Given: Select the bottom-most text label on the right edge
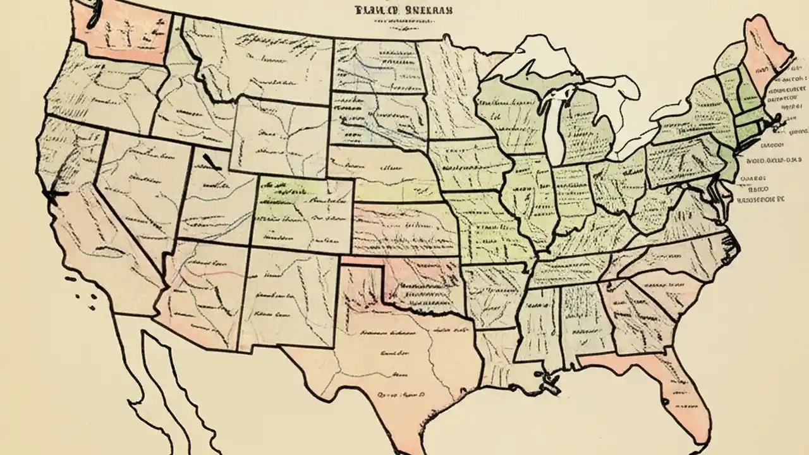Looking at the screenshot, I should point(758,199).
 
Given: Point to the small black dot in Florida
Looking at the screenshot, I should point(664,402).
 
